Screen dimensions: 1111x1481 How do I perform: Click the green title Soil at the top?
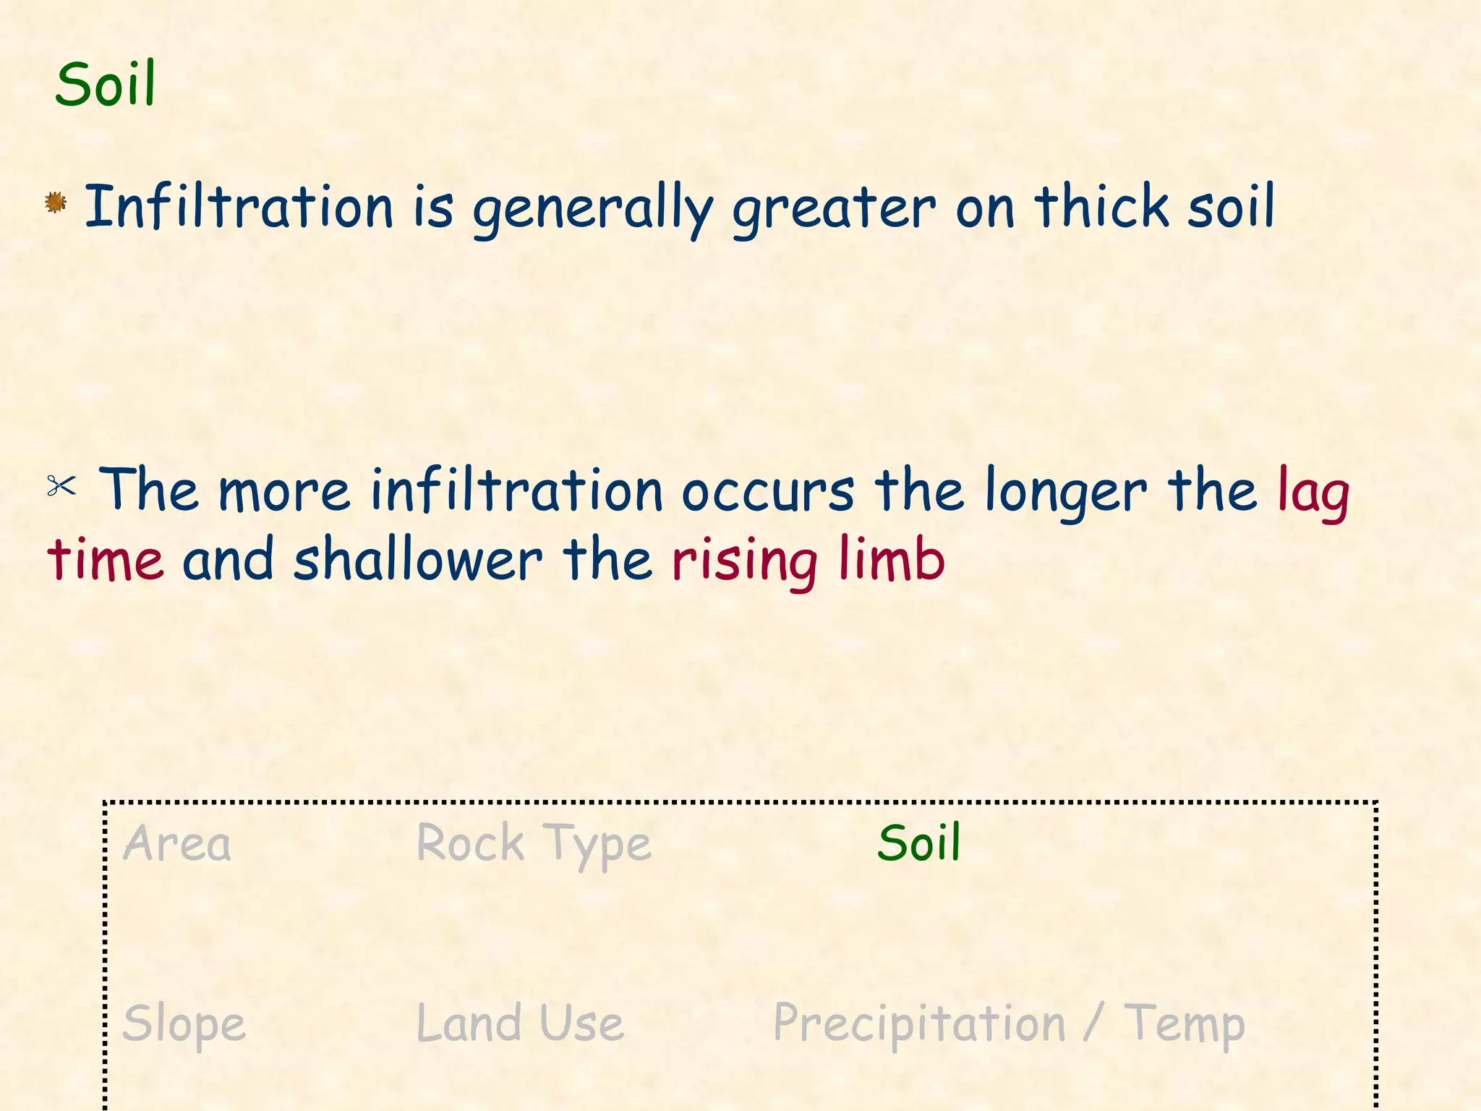pyautogui.click(x=106, y=84)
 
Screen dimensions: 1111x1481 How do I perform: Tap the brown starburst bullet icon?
pyautogui.click(x=56, y=203)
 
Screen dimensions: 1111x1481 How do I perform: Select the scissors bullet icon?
pyautogui.click(x=61, y=485)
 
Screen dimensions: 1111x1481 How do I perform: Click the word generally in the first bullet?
pyautogui.click(x=593, y=208)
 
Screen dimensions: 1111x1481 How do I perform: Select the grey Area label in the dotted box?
pyautogui.click(x=177, y=843)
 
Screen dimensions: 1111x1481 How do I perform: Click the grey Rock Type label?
pyautogui.click(x=534, y=843)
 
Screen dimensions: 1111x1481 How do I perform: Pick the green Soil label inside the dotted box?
pyautogui.click(x=919, y=843)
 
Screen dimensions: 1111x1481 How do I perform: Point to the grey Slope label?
pyautogui.click(x=184, y=1024)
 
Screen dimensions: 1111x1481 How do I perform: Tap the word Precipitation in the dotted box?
pyautogui.click(x=919, y=1024)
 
